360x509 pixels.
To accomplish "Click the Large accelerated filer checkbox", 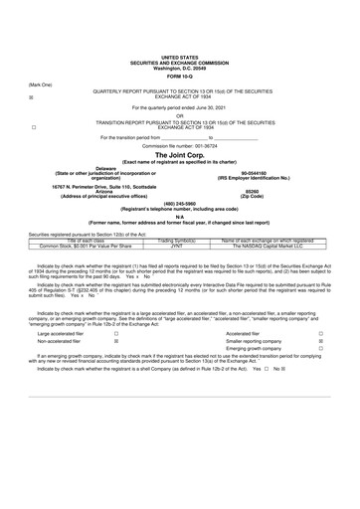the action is [116, 334].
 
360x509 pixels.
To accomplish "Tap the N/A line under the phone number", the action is [179, 217].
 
